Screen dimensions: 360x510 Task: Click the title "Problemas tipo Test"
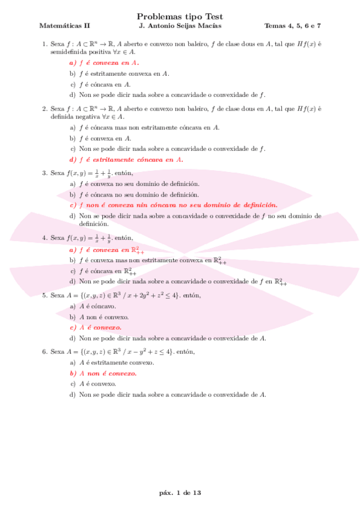click(x=180, y=17)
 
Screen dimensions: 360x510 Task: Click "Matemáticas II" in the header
click(x=64, y=26)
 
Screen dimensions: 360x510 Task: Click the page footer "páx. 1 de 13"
click(x=180, y=493)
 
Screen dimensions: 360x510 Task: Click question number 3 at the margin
click(x=44, y=173)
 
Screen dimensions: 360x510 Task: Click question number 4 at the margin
click(x=44, y=238)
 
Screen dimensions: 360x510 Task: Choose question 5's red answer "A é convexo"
click(x=100, y=327)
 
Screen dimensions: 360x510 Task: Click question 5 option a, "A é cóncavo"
click(x=97, y=306)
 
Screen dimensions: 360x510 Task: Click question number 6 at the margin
click(x=44, y=351)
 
